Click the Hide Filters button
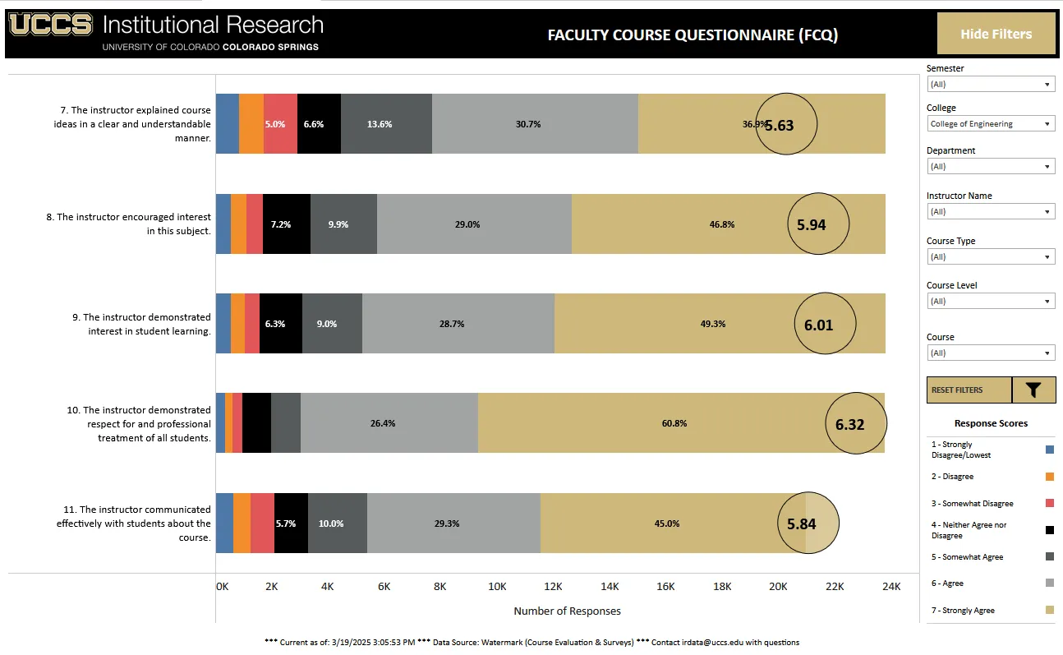996,34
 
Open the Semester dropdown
990,84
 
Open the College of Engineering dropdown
990,124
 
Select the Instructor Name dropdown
990,212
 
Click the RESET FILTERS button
969,390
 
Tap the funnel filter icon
1033,390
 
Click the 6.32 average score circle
856,424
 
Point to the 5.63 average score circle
786,125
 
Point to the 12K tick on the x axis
553,587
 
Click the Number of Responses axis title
567,611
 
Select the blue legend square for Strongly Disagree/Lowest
1049,450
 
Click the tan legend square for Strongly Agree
1049,611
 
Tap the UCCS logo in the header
51,25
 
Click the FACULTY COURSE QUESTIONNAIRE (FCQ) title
693,35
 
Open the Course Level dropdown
990,302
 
